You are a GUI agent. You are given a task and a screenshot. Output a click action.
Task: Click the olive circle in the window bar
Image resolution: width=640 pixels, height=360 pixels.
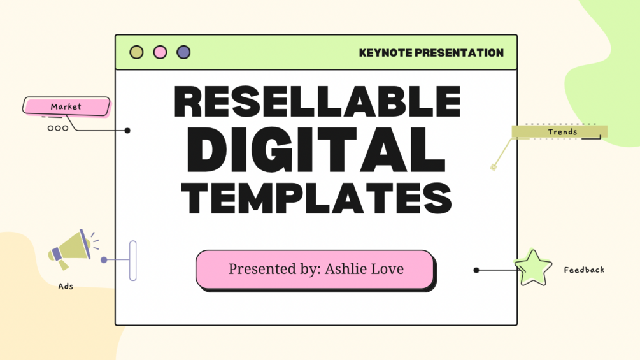point(136,52)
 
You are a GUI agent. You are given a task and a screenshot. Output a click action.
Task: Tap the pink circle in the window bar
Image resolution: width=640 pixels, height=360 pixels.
point(160,52)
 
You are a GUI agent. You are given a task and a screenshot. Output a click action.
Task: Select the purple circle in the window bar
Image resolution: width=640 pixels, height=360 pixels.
point(183,52)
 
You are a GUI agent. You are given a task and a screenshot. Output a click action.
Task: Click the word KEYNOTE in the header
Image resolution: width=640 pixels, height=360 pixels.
point(385,53)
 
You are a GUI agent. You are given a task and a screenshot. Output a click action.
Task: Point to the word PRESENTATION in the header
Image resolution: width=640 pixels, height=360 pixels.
point(459,53)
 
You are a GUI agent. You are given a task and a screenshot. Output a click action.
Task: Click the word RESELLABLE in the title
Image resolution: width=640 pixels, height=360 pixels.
point(316,102)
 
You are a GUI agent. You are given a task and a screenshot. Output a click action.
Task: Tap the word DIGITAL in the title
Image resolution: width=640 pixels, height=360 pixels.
point(316,148)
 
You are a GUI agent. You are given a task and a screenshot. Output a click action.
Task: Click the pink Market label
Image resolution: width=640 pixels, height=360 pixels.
point(66,106)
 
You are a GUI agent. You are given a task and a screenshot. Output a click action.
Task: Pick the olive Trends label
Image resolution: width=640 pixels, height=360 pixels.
point(560,132)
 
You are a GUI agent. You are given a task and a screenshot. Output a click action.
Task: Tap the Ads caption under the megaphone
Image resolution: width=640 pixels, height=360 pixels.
point(66,286)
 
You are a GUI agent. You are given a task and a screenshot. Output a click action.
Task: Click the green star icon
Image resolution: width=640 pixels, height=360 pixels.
point(533,268)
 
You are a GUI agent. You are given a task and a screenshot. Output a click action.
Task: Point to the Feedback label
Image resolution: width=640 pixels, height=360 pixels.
point(584,270)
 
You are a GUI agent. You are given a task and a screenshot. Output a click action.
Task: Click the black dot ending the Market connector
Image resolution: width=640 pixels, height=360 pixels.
point(127,131)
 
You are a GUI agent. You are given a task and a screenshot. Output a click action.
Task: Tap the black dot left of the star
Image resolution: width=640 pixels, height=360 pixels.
point(476,270)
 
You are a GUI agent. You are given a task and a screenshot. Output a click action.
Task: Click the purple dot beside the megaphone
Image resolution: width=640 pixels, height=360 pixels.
point(104,260)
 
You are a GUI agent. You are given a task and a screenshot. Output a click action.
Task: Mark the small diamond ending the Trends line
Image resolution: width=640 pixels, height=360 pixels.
point(493,168)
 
